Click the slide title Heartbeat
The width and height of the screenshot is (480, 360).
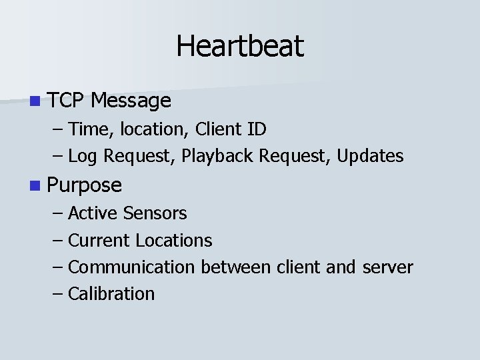240,46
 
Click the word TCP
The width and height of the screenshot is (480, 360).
66,101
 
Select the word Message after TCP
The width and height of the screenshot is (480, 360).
131,101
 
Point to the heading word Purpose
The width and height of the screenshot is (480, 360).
85,185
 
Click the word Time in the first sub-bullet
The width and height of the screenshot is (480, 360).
85,128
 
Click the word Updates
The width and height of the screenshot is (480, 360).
370,156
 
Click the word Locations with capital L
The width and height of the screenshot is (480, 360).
173,240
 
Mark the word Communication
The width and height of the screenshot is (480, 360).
131,267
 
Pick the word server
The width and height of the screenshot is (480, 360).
387,267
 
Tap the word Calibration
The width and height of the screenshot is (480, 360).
111,294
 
